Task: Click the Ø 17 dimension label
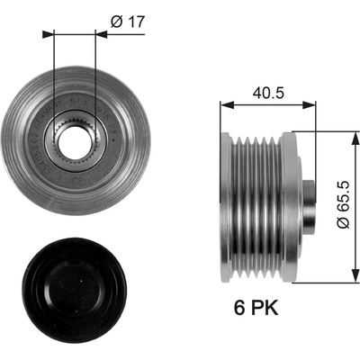pos(128,22)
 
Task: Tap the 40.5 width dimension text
pos(268,93)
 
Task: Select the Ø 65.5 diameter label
pos(343,204)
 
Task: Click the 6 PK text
pos(256,308)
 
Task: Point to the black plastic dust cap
pos(74,291)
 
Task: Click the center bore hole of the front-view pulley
pos(74,141)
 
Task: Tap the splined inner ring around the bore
pos(74,141)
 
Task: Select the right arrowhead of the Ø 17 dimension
pos(101,34)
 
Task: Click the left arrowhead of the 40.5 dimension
pos(227,105)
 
